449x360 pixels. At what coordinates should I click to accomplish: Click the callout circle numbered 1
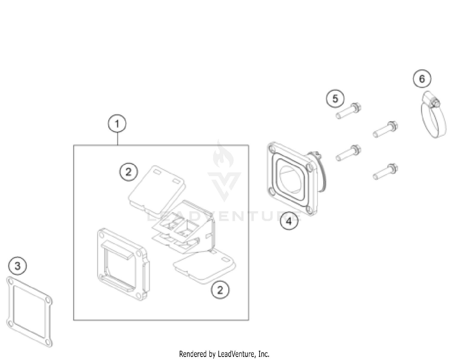coord(117,124)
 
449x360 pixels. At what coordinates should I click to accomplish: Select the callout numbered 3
coord(18,266)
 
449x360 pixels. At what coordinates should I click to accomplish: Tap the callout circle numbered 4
coord(289,221)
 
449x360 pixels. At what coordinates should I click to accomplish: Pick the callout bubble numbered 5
coord(335,99)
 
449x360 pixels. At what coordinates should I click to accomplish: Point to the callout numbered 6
coord(422,79)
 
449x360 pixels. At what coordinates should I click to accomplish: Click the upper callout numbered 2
coord(128,172)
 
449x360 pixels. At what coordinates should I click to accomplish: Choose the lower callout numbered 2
coord(220,290)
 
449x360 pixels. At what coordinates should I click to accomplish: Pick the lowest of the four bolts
coord(386,171)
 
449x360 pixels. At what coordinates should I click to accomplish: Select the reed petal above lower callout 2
coord(204,267)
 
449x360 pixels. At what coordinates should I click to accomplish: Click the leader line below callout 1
coord(117,139)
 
